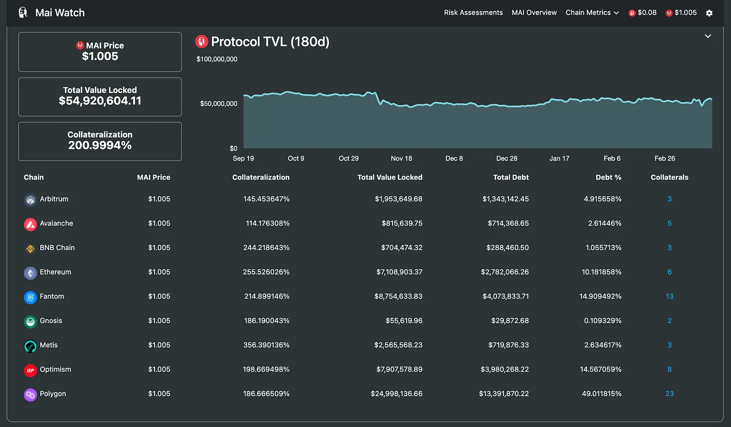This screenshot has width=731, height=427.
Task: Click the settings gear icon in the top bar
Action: (x=709, y=13)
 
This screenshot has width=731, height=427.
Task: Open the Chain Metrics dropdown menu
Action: (x=592, y=13)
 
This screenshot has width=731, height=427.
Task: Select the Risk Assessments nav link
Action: (x=473, y=13)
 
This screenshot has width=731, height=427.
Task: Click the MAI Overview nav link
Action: (x=534, y=13)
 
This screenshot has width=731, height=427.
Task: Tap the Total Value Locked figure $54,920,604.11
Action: (x=100, y=101)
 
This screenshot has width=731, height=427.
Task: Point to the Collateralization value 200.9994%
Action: (x=100, y=145)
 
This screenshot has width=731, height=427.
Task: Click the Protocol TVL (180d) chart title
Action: (x=270, y=42)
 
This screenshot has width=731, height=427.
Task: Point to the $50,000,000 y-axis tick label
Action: (x=218, y=103)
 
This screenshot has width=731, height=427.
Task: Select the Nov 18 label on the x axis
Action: (x=401, y=158)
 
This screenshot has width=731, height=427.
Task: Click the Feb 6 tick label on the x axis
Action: (x=611, y=158)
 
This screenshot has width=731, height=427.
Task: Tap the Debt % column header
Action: (x=608, y=177)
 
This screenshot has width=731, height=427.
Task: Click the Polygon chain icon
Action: (x=30, y=395)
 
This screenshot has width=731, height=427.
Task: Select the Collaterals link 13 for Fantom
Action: (x=669, y=296)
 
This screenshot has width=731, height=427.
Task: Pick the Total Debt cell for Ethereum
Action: (x=505, y=272)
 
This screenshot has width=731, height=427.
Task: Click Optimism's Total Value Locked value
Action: (x=398, y=370)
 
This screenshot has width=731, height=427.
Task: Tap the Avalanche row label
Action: (x=56, y=223)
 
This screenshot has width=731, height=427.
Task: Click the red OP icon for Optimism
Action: (x=30, y=370)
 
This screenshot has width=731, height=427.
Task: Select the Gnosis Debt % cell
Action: (x=603, y=321)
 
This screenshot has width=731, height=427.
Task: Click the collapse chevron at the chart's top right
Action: (x=708, y=36)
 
